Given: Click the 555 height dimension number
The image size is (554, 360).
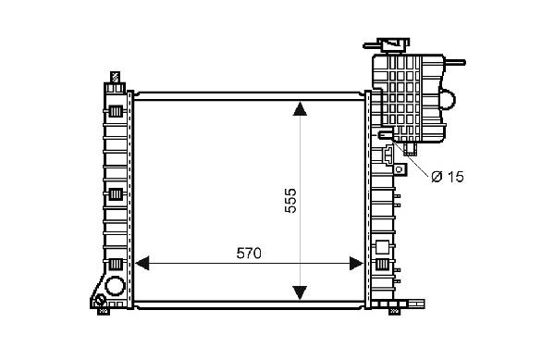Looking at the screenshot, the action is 290,201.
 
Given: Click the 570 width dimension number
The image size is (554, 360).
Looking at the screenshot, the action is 249,254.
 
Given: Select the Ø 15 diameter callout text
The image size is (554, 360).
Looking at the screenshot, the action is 448,177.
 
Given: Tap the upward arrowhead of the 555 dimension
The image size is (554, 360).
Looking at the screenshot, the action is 300,108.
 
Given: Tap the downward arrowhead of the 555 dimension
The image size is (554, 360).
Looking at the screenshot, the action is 300,292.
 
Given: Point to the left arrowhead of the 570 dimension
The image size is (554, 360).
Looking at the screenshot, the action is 142,263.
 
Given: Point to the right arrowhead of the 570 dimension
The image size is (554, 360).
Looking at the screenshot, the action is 356,264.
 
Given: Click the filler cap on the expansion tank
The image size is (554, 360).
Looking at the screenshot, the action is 393,45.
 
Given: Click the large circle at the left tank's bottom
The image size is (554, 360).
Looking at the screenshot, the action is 116,286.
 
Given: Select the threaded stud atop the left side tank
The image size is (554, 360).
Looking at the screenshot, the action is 115,77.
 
